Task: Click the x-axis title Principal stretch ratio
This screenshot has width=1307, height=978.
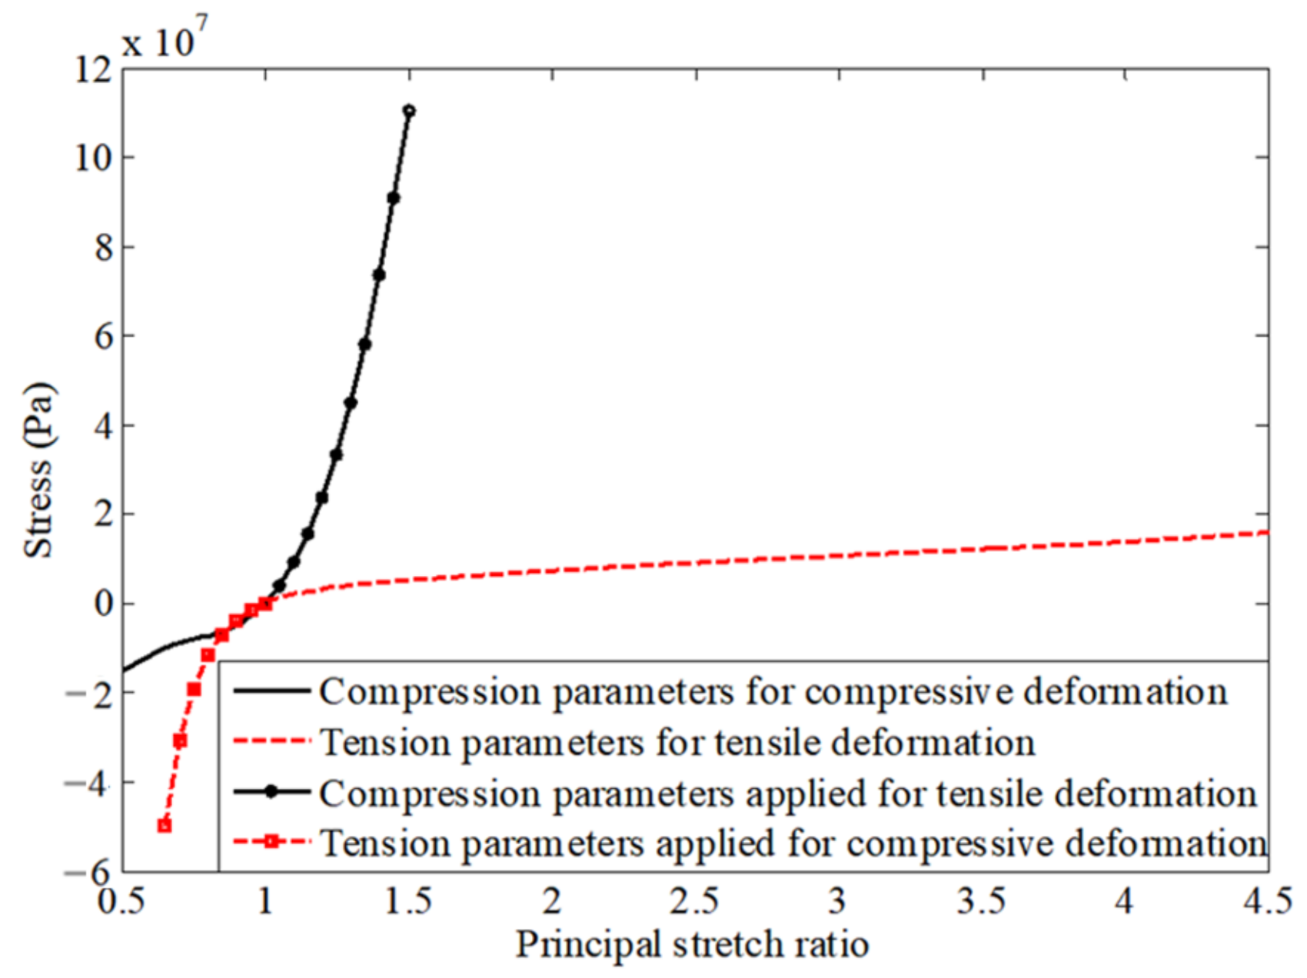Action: pyautogui.click(x=692, y=945)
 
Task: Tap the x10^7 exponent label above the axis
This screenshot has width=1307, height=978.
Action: pyautogui.click(x=164, y=38)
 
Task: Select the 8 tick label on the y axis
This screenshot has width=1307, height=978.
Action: pyautogui.click(x=103, y=248)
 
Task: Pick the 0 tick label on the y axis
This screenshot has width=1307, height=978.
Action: pyautogui.click(x=103, y=604)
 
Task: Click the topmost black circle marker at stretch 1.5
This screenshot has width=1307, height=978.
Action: pyautogui.click(x=409, y=111)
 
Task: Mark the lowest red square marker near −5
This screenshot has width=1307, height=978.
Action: pyautogui.click(x=164, y=826)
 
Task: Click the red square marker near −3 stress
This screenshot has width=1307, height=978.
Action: pyautogui.click(x=180, y=741)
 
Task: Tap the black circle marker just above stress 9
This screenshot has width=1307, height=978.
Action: pyautogui.click(x=394, y=198)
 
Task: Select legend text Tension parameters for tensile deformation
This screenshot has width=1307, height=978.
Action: pyautogui.click(x=677, y=743)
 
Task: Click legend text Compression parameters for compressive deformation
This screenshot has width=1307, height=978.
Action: pyautogui.click(x=773, y=692)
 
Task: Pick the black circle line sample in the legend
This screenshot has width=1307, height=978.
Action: pyautogui.click(x=271, y=793)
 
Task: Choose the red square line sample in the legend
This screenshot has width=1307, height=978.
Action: pyautogui.click(x=271, y=843)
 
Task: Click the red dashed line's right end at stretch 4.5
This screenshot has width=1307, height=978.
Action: pyautogui.click(x=1266, y=532)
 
